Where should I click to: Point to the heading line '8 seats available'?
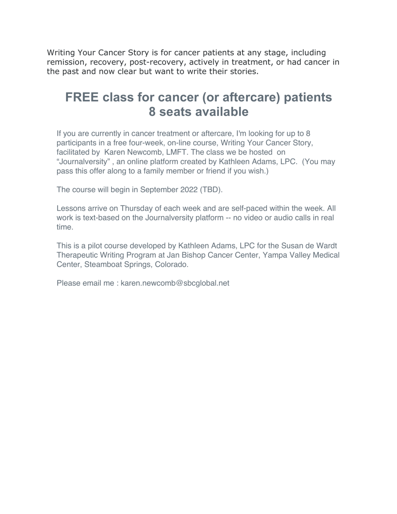tap(198, 112)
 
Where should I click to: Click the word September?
tap(159, 190)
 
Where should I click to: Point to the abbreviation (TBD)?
tap(211, 190)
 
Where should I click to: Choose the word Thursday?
tap(136, 208)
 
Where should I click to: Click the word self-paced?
tap(247, 208)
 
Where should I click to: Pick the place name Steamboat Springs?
tap(118, 265)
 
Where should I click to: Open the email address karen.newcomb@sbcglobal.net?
tap(175, 283)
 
